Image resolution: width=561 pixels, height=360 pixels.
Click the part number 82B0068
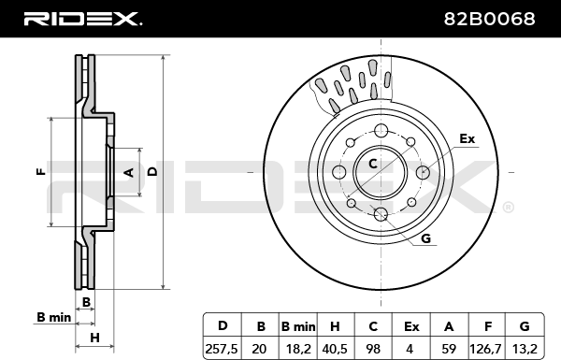489,19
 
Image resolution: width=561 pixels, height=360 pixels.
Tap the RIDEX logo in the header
83,19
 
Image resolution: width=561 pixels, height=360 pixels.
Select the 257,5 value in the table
222,348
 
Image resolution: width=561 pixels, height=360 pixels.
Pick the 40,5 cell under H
335,348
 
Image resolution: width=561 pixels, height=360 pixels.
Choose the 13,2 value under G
525,348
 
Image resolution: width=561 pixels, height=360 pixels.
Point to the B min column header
298,326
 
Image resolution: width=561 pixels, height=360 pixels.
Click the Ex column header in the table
411,326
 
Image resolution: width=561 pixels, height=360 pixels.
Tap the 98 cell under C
373,348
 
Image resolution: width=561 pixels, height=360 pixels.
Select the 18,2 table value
298,348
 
